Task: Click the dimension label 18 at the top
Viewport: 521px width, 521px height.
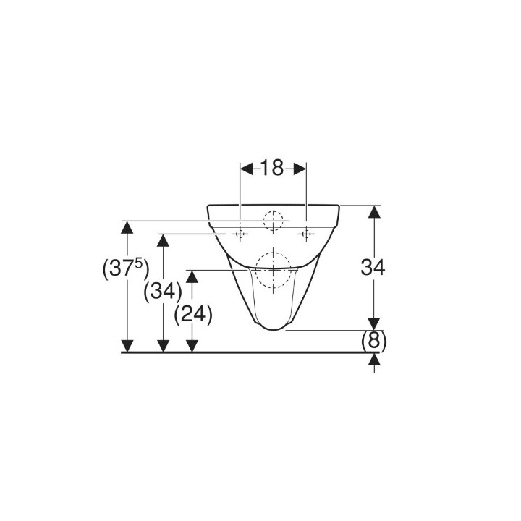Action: pyautogui.click(x=272, y=168)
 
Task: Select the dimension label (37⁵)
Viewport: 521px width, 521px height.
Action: pyautogui.click(x=126, y=268)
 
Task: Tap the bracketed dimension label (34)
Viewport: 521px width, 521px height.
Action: pyautogui.click(x=163, y=292)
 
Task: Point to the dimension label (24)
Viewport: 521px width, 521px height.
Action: pyautogui.click(x=193, y=314)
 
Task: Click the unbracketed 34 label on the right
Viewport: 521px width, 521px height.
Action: pyautogui.click(x=373, y=267)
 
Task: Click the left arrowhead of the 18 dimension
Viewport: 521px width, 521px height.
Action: pyautogui.click(x=246, y=169)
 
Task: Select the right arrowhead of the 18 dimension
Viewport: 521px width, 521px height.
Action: pyautogui.click(x=300, y=169)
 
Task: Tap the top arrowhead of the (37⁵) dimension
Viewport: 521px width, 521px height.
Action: pyautogui.click(x=127, y=227)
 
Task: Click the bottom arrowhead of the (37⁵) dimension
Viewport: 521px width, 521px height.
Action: pyautogui.click(x=127, y=346)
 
